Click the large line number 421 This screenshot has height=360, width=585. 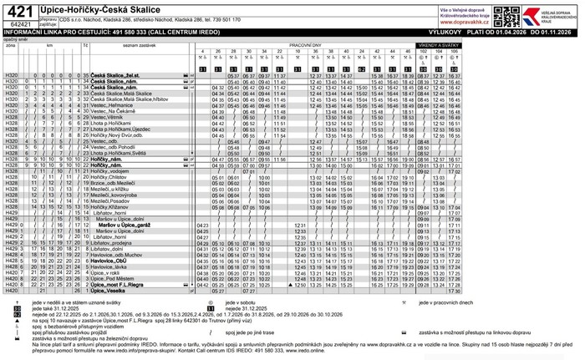(19, 9)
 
